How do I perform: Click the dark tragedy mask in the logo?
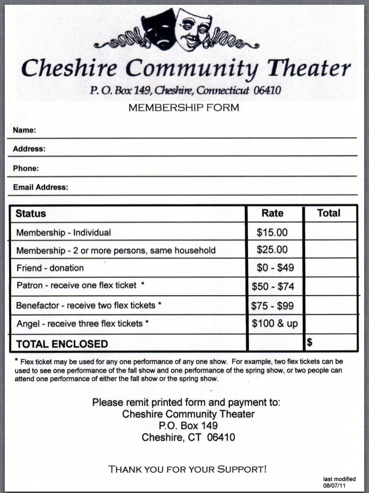coord(159,30)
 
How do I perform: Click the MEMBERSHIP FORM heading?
coord(184,108)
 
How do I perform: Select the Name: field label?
coord(25,130)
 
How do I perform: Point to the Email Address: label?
coord(40,187)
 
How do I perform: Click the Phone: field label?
coord(26,169)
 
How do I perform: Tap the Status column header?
coord(31,213)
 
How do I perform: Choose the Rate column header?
coord(272,213)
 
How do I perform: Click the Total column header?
coord(329,213)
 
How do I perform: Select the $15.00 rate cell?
coord(272,233)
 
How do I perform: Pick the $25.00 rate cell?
coord(272,250)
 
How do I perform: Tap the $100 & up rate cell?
coord(275,324)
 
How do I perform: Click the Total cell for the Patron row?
coord(331,286)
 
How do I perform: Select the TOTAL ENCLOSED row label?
coord(62,344)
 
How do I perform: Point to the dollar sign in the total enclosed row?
coord(310,342)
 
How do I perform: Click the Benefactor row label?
coord(88,305)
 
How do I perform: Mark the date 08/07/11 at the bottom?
coord(334,485)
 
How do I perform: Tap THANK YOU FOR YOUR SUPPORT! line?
coord(187,469)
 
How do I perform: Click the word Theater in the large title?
coord(309,69)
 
